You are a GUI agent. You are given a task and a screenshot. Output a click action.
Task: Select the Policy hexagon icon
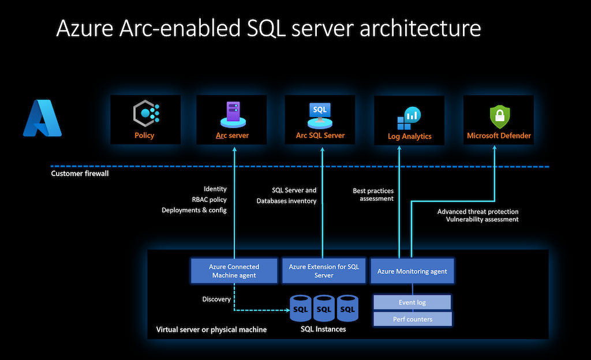click(x=145, y=112)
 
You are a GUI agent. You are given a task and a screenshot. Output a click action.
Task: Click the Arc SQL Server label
click(x=320, y=136)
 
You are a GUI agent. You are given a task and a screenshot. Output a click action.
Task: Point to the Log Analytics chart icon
click(x=408, y=118)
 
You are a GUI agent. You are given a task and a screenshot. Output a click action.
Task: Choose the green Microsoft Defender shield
click(x=498, y=117)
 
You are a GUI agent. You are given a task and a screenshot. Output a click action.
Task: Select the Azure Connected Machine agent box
click(x=234, y=271)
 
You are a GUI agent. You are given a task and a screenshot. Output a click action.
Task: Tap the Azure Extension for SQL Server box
click(x=324, y=271)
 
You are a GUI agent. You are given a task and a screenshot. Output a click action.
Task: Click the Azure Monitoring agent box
click(x=412, y=271)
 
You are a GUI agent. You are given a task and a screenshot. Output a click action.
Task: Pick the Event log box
click(x=412, y=302)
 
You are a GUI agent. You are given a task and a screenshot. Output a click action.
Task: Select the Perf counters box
click(x=412, y=318)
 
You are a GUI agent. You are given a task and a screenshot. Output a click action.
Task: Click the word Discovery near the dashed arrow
click(x=216, y=299)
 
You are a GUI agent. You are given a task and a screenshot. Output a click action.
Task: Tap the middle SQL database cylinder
click(x=324, y=309)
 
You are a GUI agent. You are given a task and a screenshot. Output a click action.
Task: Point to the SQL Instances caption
click(x=323, y=329)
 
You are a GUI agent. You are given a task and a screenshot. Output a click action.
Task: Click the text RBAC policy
click(x=209, y=200)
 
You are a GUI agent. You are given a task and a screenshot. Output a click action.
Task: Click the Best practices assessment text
click(x=373, y=194)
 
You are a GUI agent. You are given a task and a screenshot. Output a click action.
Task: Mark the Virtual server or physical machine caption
click(x=211, y=330)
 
